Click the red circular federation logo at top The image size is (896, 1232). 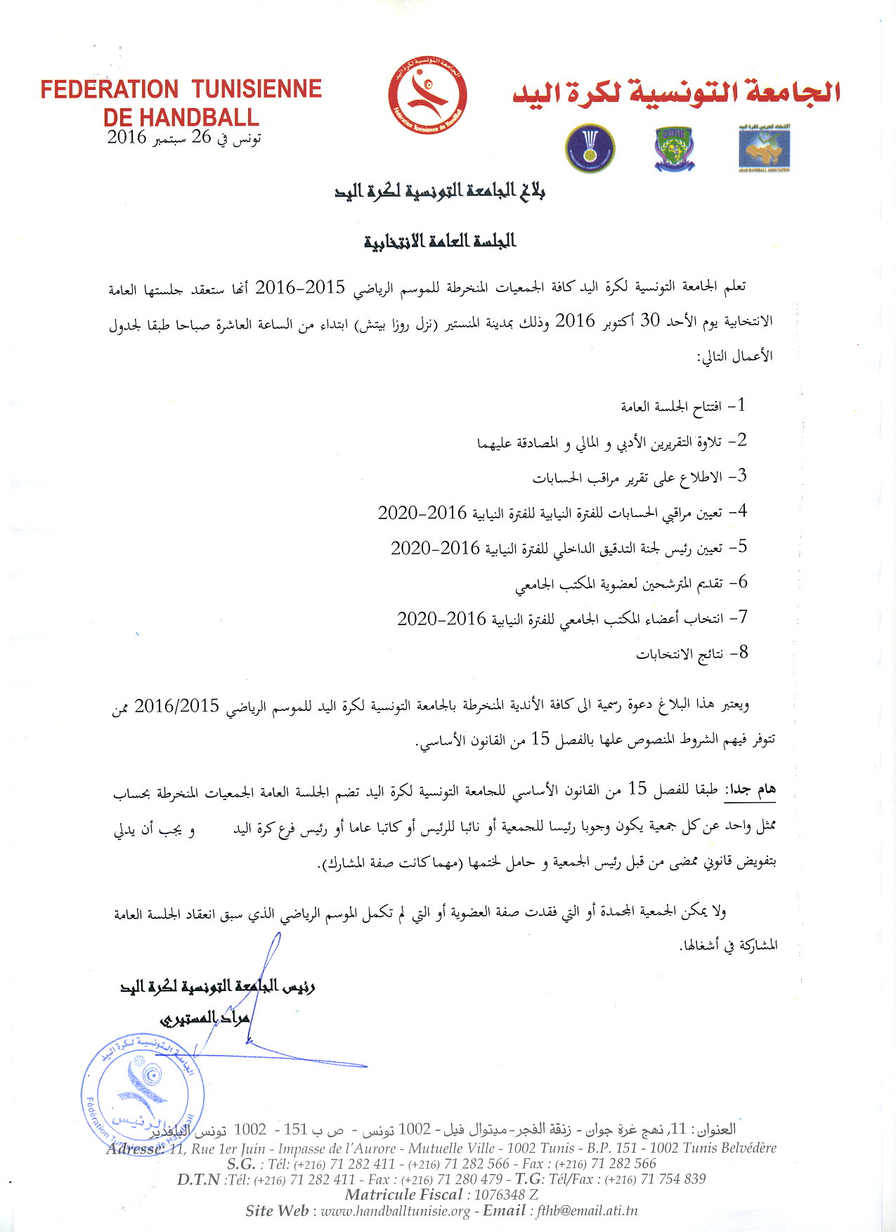pos(427,96)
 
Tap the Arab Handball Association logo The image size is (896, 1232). pos(764,148)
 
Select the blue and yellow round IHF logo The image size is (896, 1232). pos(590,148)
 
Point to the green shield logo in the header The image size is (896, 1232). pos(674,148)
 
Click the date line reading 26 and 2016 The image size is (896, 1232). pos(184,137)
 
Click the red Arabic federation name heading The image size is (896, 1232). pos(676,93)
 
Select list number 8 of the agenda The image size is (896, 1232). pos(739,653)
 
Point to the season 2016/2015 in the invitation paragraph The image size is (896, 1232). pos(177,705)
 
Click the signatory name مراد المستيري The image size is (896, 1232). pos(204,1018)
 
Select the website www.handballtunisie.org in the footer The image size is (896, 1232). pos(395,1210)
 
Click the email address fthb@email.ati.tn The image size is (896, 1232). pos(587,1210)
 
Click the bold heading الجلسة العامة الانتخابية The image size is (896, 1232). pos(440,241)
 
